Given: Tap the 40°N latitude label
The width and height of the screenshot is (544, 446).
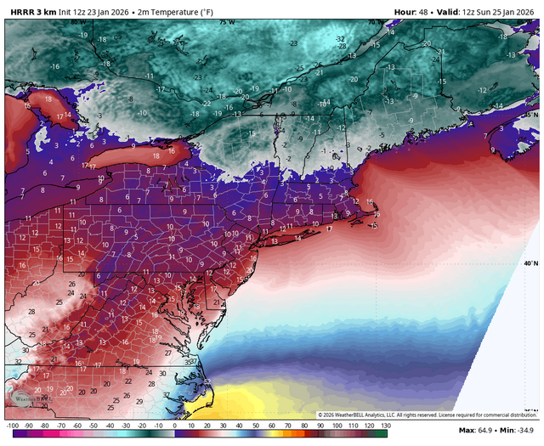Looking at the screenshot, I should [x=531, y=264].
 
